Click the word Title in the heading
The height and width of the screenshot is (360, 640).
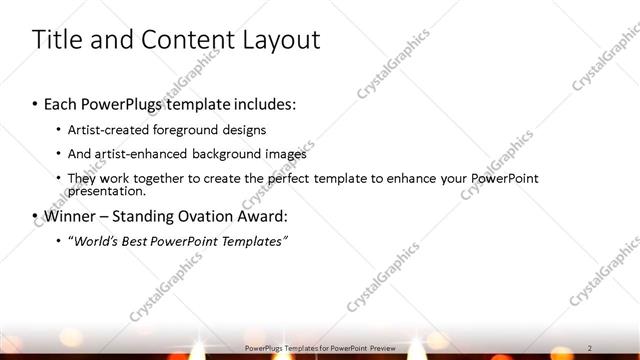(56, 41)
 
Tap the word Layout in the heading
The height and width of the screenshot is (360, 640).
(277, 41)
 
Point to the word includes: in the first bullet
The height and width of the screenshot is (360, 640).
(262, 104)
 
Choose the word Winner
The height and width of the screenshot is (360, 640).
(67, 215)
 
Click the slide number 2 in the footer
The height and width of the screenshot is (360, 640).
(591, 346)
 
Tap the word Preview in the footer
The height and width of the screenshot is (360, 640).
(381, 346)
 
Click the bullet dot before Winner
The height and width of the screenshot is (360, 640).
(35, 216)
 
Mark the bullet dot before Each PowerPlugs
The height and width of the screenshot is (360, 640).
(35, 104)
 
